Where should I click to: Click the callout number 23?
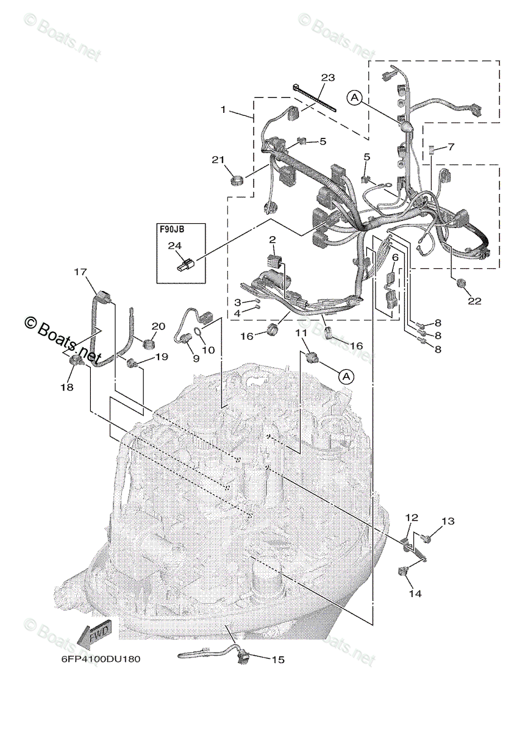pyautogui.click(x=328, y=77)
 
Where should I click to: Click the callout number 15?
pyautogui.click(x=278, y=659)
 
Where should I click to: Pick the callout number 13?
pyautogui.click(x=448, y=521)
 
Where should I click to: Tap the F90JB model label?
pyautogui.click(x=172, y=230)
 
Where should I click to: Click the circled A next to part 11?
pyautogui.click(x=346, y=376)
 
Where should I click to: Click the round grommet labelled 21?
pyautogui.click(x=237, y=179)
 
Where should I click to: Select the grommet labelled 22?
pyautogui.click(x=461, y=283)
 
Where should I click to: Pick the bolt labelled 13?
pyautogui.click(x=426, y=538)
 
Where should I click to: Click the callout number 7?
pyautogui.click(x=451, y=147)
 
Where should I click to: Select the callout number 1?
pyautogui.click(x=224, y=110)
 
